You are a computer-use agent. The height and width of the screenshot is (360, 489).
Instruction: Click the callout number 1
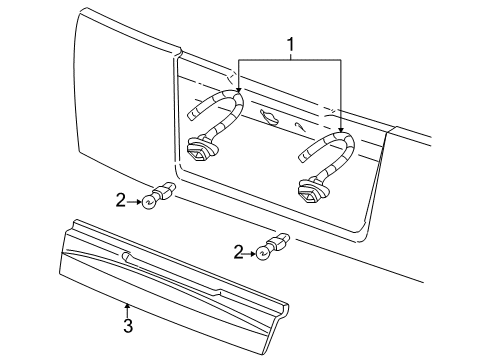(291, 44)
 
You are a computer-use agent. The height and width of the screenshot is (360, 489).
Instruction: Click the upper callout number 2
(121, 201)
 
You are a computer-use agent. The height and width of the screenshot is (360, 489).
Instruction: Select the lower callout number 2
(239, 252)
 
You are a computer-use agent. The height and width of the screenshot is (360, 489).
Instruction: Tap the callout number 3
(128, 325)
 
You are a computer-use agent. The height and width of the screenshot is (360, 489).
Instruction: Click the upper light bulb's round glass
(147, 202)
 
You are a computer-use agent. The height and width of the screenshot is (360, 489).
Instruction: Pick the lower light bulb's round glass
(262, 254)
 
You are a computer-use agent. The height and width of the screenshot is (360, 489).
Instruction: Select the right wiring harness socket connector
(313, 191)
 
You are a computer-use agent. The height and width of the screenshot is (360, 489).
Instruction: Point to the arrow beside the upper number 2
(134, 202)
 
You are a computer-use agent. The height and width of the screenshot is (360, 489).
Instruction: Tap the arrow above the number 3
(127, 310)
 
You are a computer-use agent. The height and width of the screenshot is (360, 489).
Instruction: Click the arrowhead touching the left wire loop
(238, 89)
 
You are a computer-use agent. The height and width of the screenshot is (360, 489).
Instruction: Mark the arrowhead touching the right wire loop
(340, 129)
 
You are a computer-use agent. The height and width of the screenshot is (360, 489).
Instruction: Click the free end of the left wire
(191, 116)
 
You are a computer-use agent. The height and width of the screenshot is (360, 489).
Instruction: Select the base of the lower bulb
(278, 242)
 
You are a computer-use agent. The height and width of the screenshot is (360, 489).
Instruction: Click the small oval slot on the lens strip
(127, 256)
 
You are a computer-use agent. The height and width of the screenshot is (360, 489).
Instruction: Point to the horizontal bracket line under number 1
(289, 60)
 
